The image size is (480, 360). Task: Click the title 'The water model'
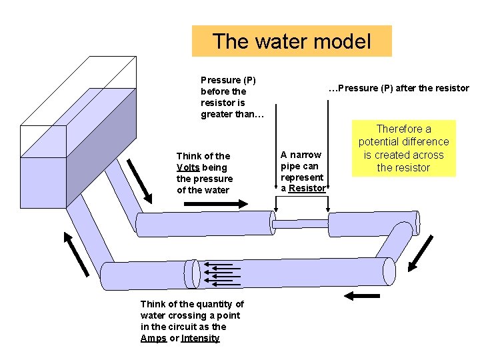(x=291, y=41)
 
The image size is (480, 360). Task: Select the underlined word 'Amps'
(x=153, y=338)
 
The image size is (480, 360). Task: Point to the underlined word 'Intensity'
(x=200, y=338)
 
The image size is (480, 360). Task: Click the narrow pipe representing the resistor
(x=301, y=223)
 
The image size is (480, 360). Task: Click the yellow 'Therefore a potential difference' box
(x=403, y=148)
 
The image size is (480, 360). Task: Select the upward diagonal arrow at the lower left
(x=76, y=253)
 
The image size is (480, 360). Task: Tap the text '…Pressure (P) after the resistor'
(x=399, y=88)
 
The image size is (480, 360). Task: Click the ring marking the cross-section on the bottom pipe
(x=194, y=273)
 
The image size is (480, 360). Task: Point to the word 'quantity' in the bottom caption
(x=216, y=304)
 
